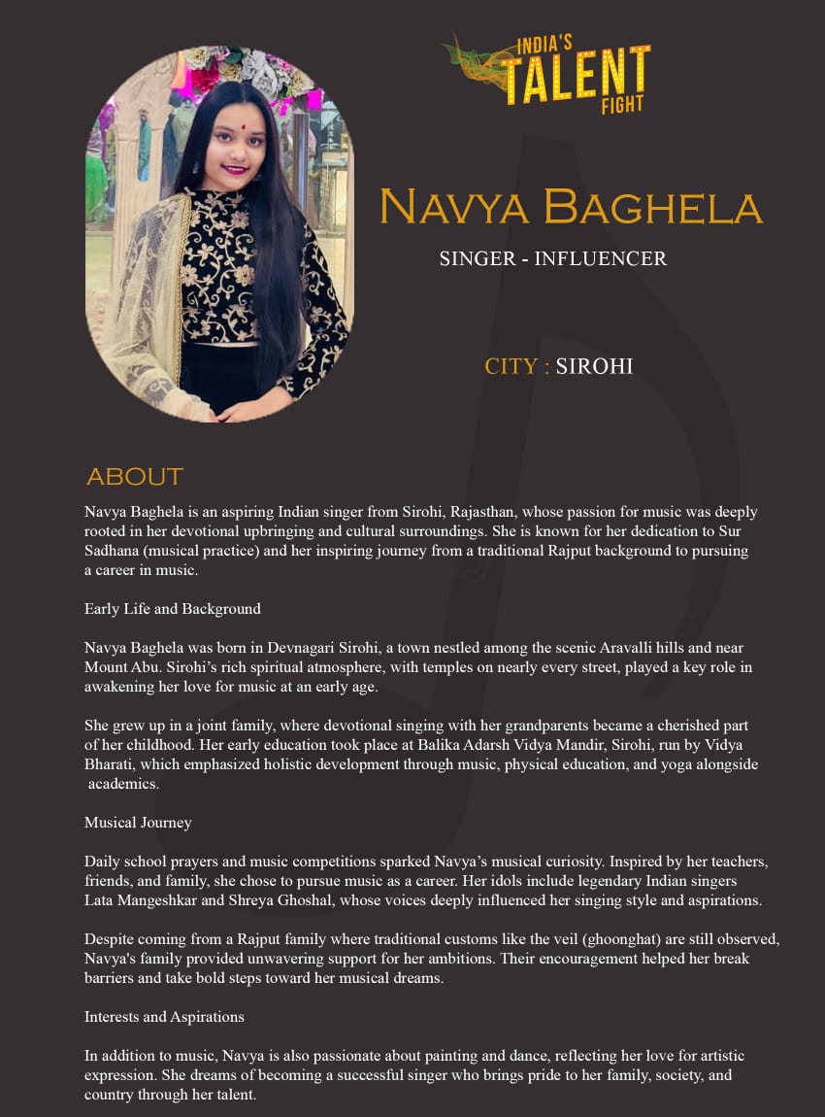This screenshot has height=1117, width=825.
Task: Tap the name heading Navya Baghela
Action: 571,207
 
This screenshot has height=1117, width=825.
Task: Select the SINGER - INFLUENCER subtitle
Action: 553,258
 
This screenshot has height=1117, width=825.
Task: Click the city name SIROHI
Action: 594,366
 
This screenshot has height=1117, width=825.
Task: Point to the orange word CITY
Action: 511,366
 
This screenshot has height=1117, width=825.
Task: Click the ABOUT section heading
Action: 135,476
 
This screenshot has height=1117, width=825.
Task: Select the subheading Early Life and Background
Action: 173,609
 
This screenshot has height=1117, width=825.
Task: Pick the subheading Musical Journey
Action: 138,823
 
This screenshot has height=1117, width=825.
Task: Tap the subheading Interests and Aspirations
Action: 164,1017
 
